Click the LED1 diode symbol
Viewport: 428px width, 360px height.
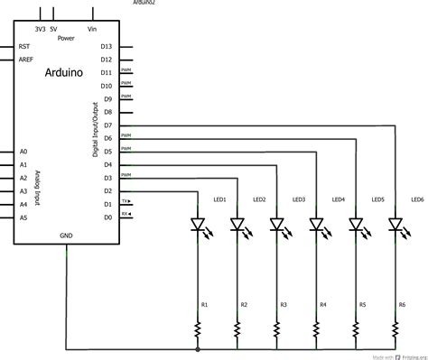tap(198, 224)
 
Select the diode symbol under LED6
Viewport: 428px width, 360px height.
tap(395, 224)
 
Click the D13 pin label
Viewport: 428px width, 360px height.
tap(107, 45)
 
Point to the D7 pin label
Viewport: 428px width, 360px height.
tap(107, 125)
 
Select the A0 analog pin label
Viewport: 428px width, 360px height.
tap(23, 152)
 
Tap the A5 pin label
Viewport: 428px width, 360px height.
tap(23, 217)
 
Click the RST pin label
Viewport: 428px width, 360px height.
tap(24, 45)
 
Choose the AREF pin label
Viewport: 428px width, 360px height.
tap(26, 59)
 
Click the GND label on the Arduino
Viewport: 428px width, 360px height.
tap(66, 235)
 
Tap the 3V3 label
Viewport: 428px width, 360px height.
tap(40, 29)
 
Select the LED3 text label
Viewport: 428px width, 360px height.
tap(299, 198)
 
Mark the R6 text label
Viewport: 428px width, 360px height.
tap(402, 305)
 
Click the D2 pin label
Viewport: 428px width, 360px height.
tap(107, 190)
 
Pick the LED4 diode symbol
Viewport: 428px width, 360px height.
tap(316, 224)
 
